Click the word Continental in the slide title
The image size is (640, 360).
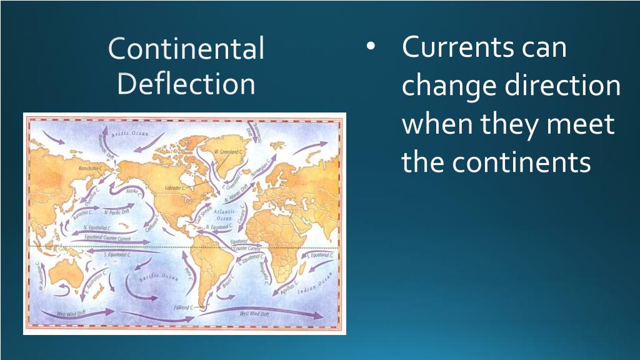[x=186, y=49]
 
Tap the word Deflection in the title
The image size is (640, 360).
[x=186, y=84]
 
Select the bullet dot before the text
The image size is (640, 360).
[x=372, y=47]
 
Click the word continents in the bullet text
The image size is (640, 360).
[x=522, y=163]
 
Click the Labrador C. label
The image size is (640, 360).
[x=177, y=187]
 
